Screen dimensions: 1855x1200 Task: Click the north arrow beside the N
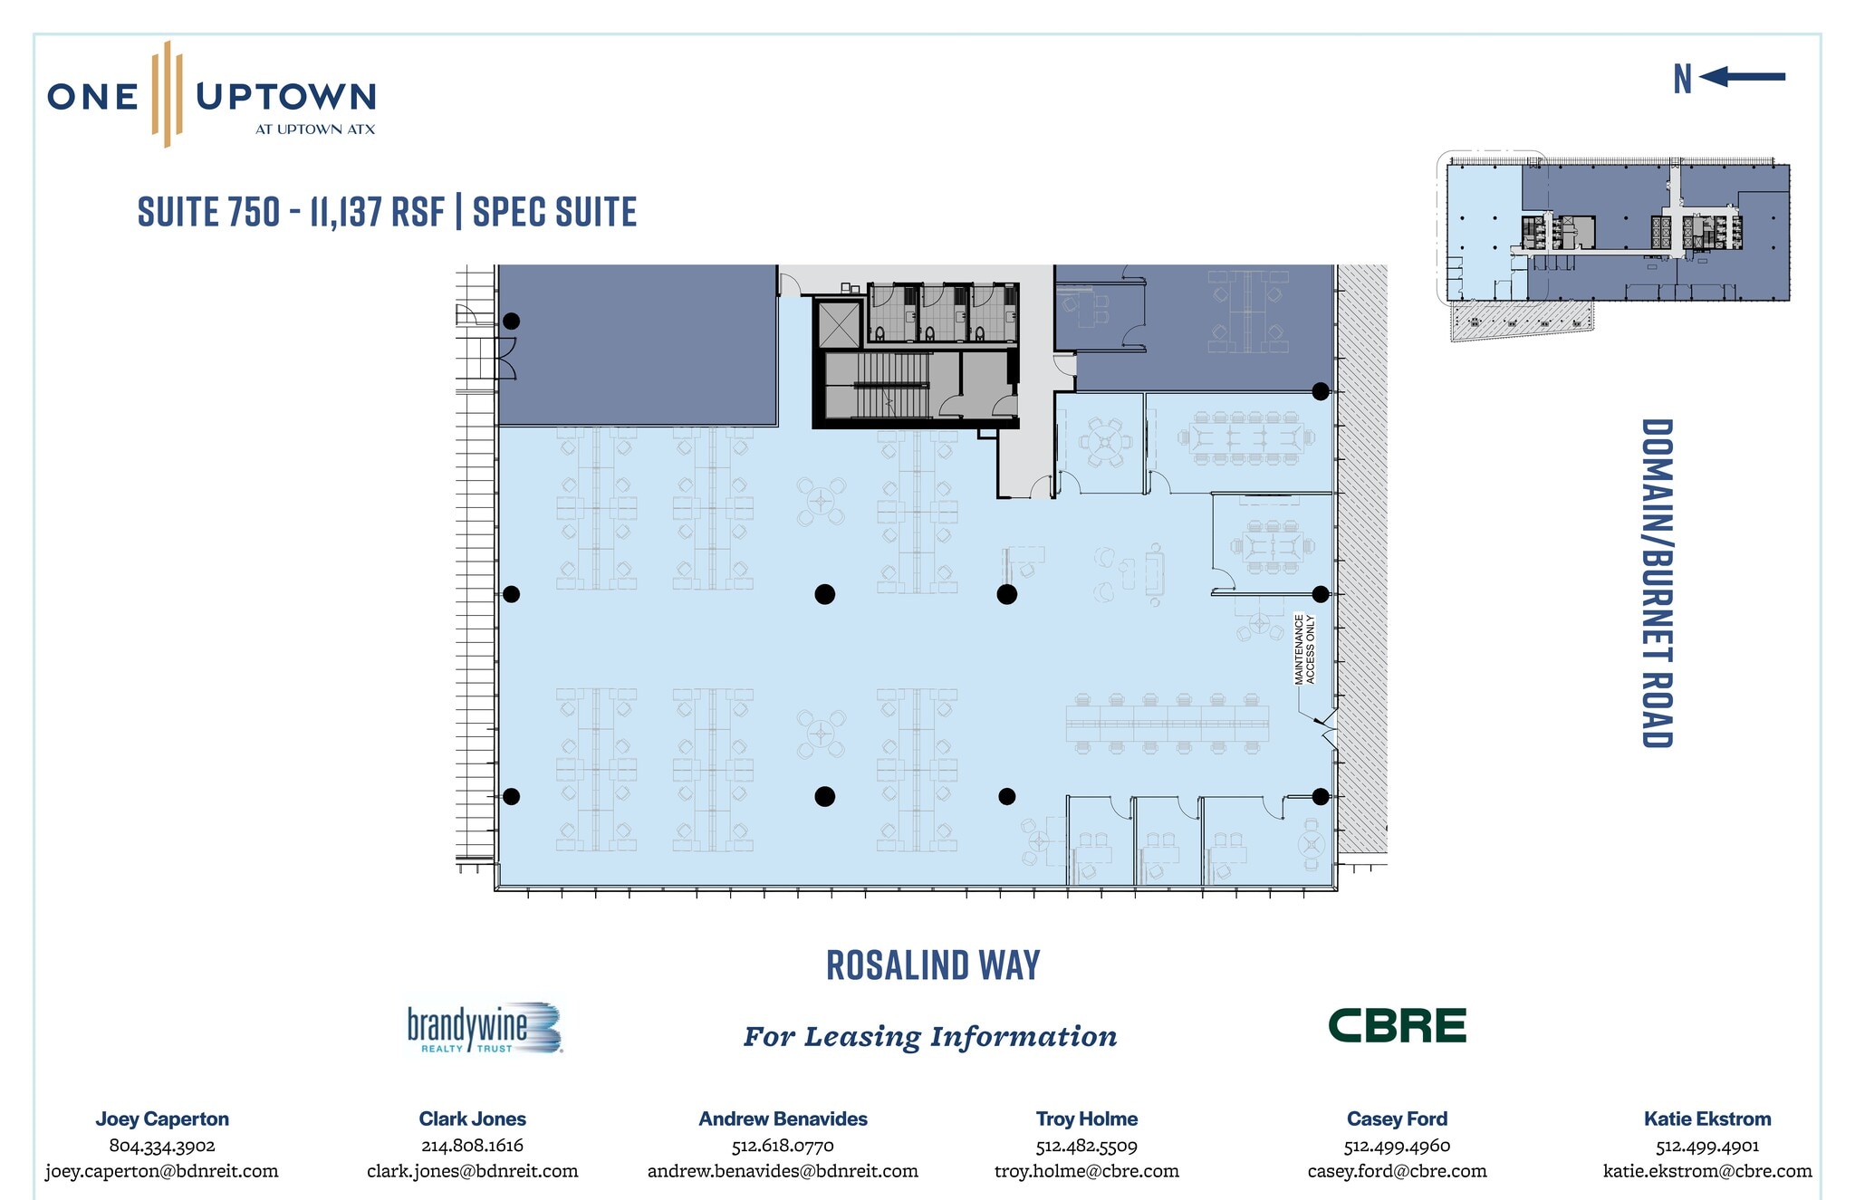pyautogui.click(x=1742, y=77)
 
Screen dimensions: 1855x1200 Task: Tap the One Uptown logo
pyautogui.click(x=212, y=94)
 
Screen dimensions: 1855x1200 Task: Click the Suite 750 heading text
pyautogui.click(x=388, y=212)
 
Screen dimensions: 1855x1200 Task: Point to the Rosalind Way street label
pyautogui.click(x=933, y=965)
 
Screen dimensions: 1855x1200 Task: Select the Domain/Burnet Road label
pyautogui.click(x=1657, y=583)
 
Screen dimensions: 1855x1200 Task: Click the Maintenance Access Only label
pyautogui.click(x=1304, y=648)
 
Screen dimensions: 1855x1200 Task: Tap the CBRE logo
pyautogui.click(x=1397, y=1025)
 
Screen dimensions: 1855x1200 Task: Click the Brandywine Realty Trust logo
pyautogui.click(x=485, y=1028)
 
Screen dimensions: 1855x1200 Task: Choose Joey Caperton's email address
pyautogui.click(x=162, y=1171)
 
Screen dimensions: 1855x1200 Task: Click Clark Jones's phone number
pyautogui.click(x=472, y=1146)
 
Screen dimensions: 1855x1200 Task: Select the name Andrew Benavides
pyautogui.click(x=783, y=1119)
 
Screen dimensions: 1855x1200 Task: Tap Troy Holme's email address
pyautogui.click(x=1087, y=1171)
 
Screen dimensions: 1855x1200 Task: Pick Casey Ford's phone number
pyautogui.click(x=1397, y=1146)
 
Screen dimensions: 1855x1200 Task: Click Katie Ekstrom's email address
pyautogui.click(x=1707, y=1171)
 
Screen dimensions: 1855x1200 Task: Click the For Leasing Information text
pyautogui.click(x=930, y=1037)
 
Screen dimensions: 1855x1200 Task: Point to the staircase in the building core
pyautogui.click(x=878, y=386)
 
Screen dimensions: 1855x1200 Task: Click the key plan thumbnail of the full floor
pyautogui.click(x=1613, y=245)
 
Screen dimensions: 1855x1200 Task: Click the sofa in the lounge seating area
pyautogui.click(x=1155, y=574)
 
